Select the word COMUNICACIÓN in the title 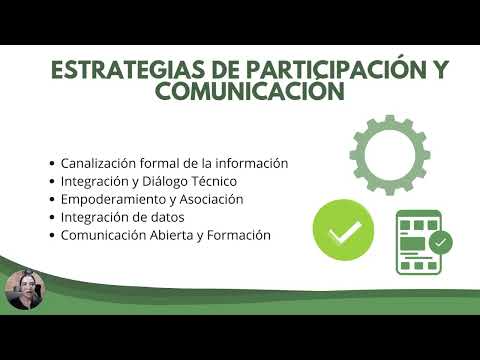250,93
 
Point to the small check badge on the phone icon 439,242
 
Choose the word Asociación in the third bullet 209,199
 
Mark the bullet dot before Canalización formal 52,164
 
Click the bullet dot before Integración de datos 52,218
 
